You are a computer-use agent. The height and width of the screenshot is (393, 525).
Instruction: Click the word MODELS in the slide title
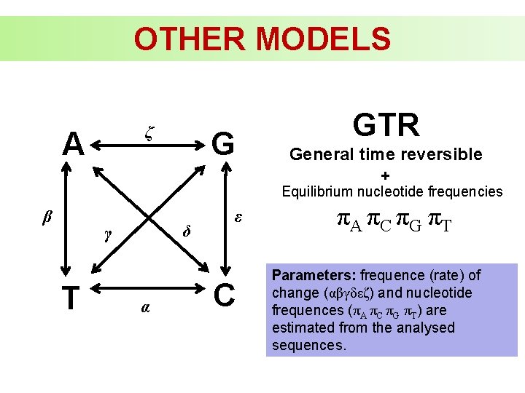pyautogui.click(x=322, y=39)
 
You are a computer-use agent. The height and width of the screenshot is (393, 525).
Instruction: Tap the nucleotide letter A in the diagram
pyautogui.click(x=73, y=144)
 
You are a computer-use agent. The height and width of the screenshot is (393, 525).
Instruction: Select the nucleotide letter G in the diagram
pyautogui.click(x=222, y=144)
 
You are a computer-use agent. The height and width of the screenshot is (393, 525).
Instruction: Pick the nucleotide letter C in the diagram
pyautogui.click(x=225, y=295)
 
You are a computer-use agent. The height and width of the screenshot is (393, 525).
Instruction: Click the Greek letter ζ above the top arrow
pyautogui.click(x=149, y=132)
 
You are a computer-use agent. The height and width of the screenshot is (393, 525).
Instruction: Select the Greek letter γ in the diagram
pyautogui.click(x=108, y=234)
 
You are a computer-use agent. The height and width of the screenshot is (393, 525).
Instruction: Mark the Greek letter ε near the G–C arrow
pyautogui.click(x=238, y=217)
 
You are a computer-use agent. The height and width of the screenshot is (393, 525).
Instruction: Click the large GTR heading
pyautogui.click(x=386, y=125)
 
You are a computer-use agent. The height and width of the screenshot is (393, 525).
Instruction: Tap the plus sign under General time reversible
pyautogui.click(x=385, y=175)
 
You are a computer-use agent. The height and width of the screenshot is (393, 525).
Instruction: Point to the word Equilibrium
pyautogui.click(x=317, y=192)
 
